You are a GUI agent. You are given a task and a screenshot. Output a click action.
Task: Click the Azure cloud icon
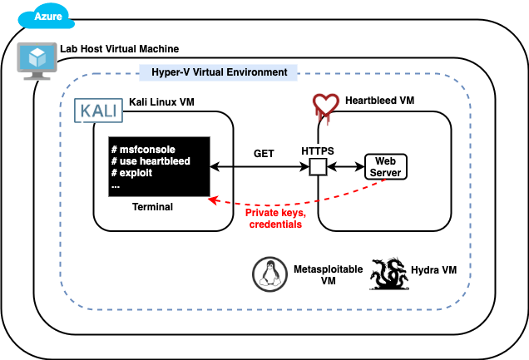point(47,16)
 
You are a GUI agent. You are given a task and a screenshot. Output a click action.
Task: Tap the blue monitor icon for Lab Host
point(37,61)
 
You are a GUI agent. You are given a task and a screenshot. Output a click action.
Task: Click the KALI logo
point(98,111)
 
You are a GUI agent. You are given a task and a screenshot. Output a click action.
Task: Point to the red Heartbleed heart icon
point(325,107)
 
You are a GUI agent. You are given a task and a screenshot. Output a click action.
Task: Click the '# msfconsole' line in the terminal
point(143,150)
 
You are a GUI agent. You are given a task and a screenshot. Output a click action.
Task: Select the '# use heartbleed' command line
point(151,161)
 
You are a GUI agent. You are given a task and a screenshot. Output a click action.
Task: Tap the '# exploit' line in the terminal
point(132,173)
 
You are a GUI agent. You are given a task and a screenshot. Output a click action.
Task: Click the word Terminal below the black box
point(152,207)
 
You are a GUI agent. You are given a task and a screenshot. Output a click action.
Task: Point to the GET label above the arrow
point(264,154)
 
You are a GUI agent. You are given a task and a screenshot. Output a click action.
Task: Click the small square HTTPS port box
point(318,167)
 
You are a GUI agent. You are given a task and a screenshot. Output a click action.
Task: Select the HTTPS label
point(318,150)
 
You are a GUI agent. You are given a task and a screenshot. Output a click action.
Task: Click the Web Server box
point(386,167)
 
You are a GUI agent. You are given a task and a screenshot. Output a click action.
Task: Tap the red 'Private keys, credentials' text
point(275,219)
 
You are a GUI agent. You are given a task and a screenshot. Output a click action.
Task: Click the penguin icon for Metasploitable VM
point(269,274)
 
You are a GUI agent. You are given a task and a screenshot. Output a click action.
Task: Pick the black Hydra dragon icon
point(389,274)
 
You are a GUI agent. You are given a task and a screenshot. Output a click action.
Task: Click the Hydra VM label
point(434,270)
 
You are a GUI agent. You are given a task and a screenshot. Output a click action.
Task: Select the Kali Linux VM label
point(161,101)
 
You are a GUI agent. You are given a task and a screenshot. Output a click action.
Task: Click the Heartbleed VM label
point(379,101)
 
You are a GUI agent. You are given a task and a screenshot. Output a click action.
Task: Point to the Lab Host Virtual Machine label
point(120,49)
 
